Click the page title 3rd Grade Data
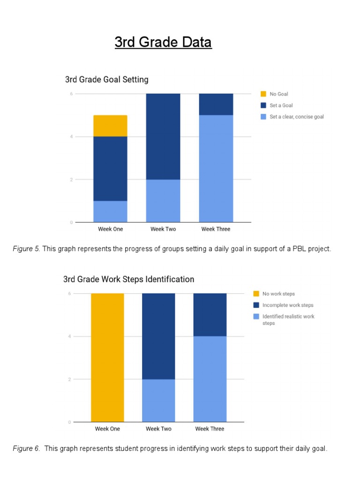(163, 42)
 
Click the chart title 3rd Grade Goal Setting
(106, 80)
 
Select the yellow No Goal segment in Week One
(110, 126)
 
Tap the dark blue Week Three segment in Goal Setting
(216, 104)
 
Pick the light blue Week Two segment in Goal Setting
(163, 201)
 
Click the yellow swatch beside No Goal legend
(263, 94)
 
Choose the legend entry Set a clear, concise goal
(296, 117)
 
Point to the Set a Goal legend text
(281, 105)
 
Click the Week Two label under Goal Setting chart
(163, 229)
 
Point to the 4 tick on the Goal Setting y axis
(71, 137)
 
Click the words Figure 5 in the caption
(26, 249)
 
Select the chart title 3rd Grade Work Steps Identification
(128, 279)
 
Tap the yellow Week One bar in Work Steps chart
(107, 357)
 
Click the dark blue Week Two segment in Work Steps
(158, 336)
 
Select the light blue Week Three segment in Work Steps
(210, 379)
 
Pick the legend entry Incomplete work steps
(287, 305)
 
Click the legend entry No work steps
(278, 294)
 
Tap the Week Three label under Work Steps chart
(210, 429)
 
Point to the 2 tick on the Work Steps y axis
(69, 379)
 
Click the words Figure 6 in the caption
(26, 449)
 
